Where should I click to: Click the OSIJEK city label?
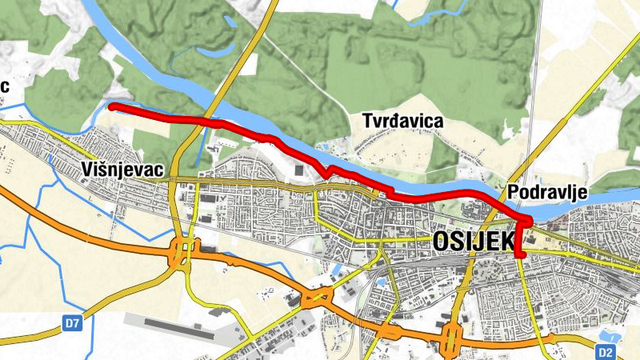472,241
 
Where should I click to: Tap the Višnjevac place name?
122,170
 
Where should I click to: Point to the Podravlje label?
548,192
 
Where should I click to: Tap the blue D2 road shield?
606,351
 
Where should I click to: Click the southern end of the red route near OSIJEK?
521,254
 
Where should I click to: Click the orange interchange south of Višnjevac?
182,253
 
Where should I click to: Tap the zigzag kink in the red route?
326,171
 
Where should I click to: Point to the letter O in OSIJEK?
441,241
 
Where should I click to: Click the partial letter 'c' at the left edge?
4,86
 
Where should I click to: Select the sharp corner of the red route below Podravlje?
528,221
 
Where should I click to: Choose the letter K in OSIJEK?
502,241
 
